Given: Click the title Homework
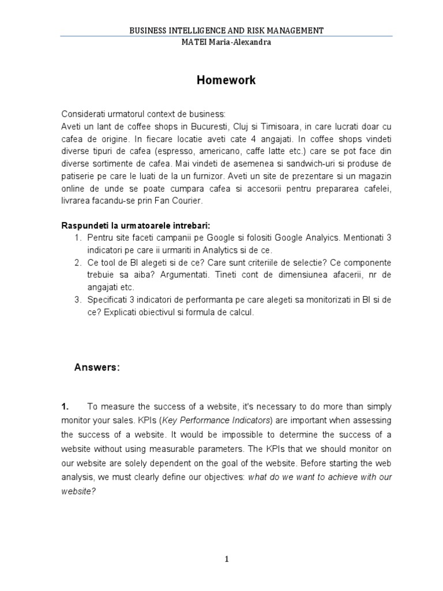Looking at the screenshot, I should (226, 81).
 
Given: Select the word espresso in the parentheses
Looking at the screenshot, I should (174, 151).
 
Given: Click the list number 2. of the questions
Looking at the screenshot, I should (78, 263).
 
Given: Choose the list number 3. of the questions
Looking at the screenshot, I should (78, 300).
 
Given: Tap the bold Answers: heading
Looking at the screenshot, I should (97, 368).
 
